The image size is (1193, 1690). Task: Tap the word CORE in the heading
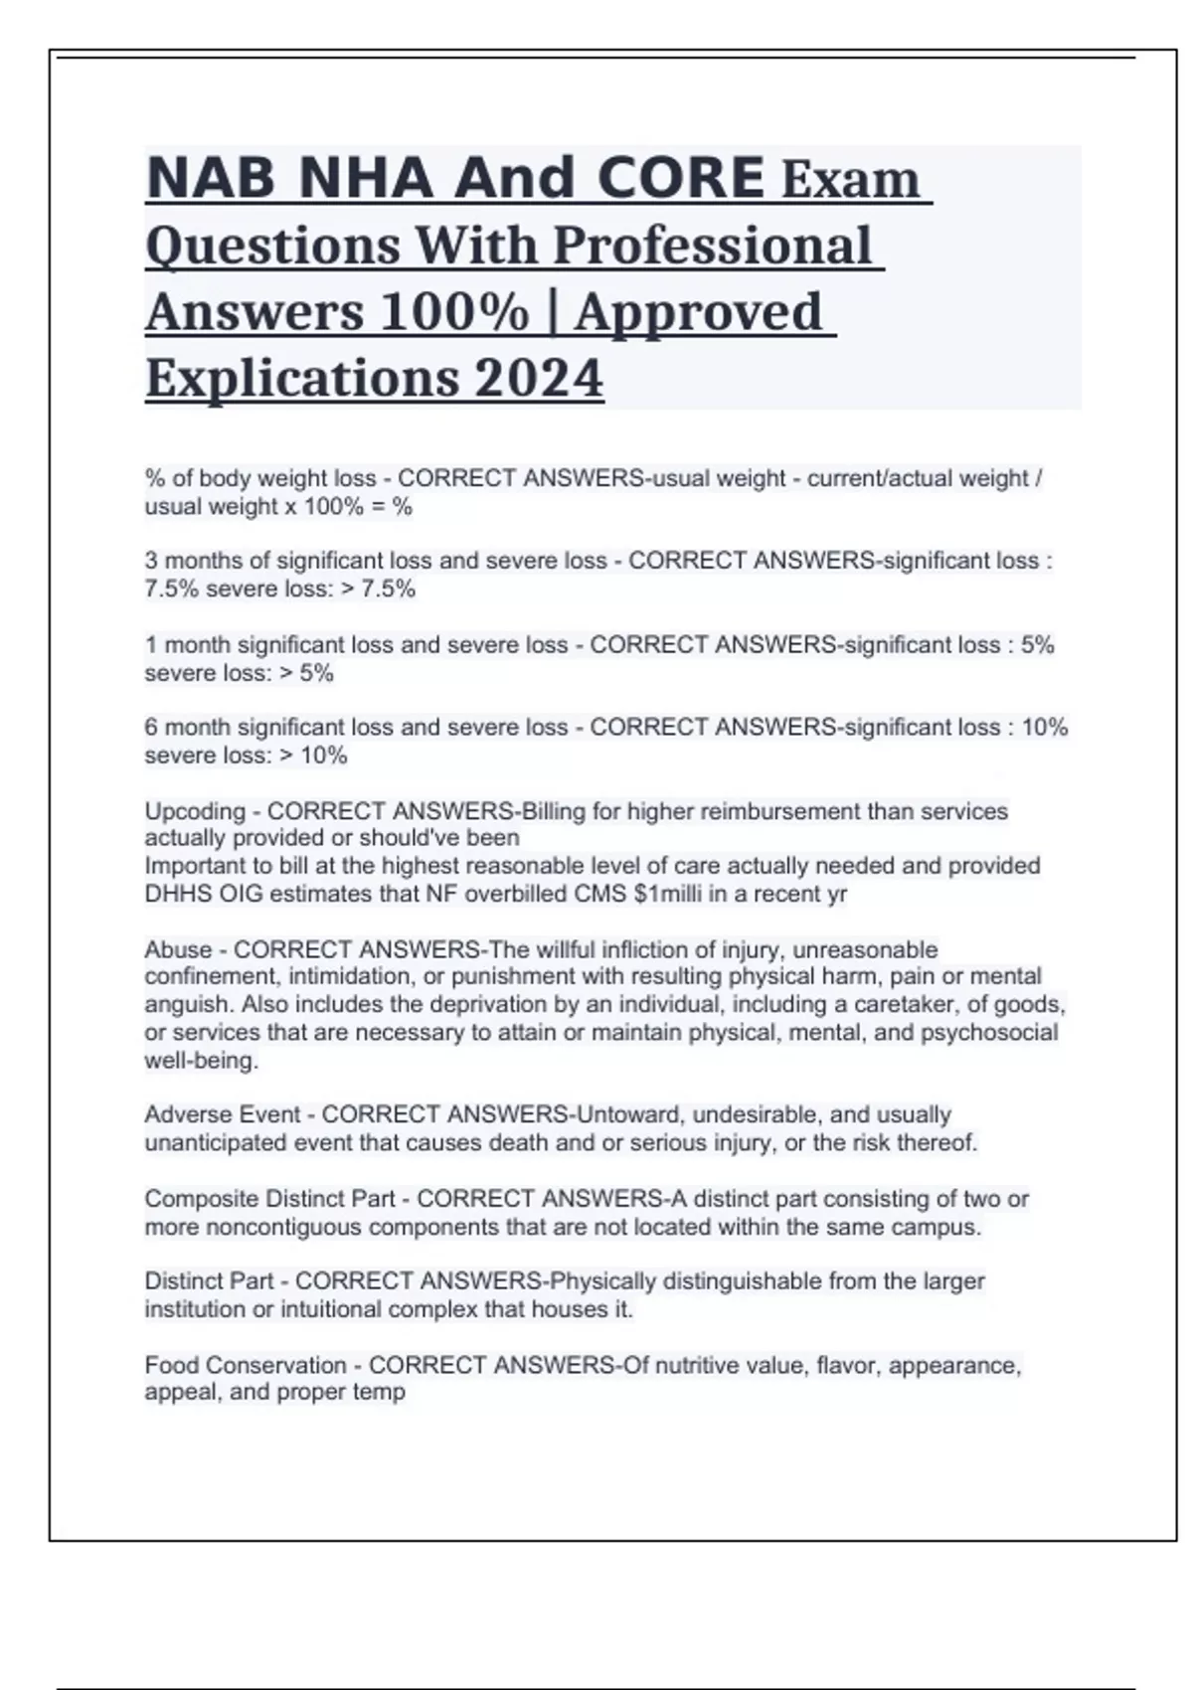click(x=681, y=178)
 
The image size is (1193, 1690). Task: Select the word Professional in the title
click(x=712, y=246)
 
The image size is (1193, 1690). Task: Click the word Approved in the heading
click(x=698, y=312)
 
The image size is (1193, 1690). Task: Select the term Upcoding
click(x=195, y=811)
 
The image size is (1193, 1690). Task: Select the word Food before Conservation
click(x=172, y=1365)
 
